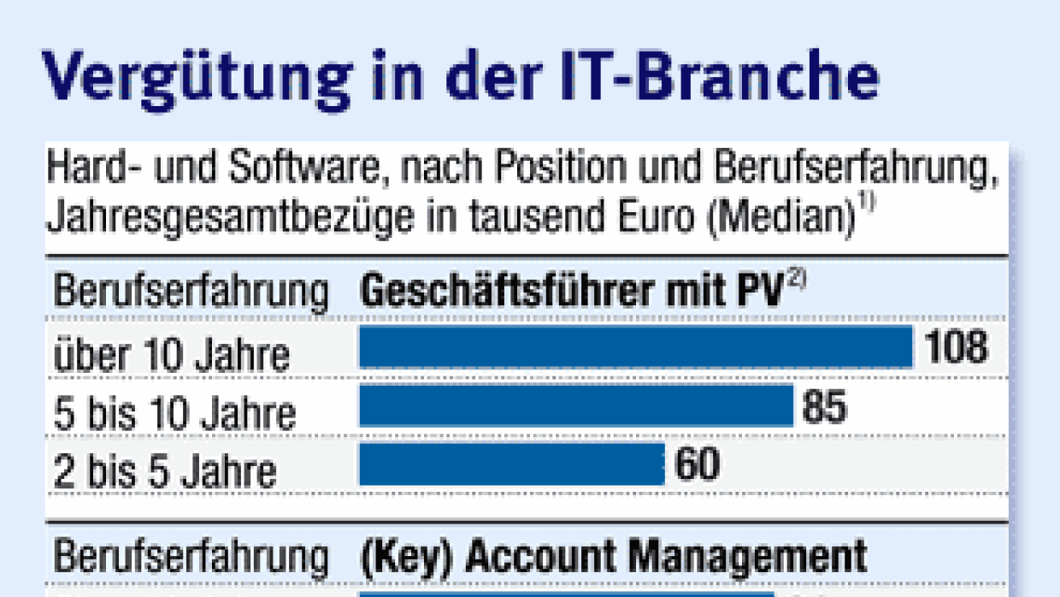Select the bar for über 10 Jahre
635,347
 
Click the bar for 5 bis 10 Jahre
575,406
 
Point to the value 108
957,347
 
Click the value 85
824,407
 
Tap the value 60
697,465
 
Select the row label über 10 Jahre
172,353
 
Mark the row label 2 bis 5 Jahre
165,471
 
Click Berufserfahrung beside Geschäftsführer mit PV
191,293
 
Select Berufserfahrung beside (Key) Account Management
191,559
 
